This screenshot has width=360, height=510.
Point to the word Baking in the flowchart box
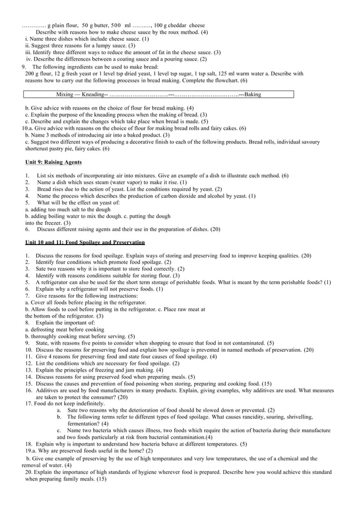(252, 94)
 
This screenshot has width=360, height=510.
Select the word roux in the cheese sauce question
(172, 32)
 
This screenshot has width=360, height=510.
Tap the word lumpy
(99, 45)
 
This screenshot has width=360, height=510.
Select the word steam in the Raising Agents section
(98, 182)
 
